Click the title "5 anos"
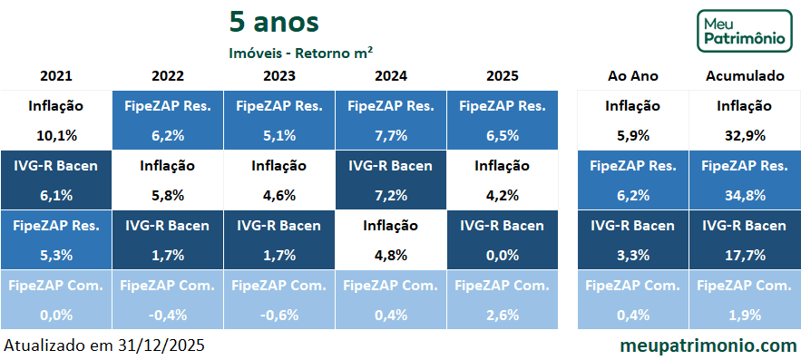[274, 21]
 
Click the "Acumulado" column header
[744, 75]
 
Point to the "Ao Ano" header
[632, 75]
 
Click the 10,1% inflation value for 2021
[56, 135]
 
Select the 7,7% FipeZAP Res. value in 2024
[391, 135]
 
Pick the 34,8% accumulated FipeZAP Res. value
[744, 195]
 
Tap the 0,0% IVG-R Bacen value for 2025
[503, 255]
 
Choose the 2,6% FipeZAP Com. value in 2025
[503, 315]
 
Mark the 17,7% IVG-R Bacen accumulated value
[744, 255]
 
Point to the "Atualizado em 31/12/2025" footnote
[104, 345]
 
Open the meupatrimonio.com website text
[708, 345]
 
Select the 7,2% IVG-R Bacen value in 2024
[391, 195]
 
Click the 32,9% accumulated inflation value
[744, 135]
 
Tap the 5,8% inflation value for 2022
[168, 195]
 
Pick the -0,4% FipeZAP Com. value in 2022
[168, 315]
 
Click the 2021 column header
[56, 75]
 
